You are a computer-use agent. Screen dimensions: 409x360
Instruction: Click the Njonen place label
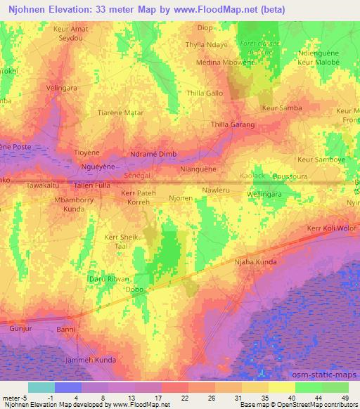pyautogui.click(x=180, y=198)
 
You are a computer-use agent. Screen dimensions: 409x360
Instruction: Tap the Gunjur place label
pyautogui.click(x=21, y=328)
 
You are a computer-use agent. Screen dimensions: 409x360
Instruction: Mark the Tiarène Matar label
pyautogui.click(x=120, y=113)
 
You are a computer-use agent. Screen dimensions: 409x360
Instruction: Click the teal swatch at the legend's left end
pyautogui.click(x=41, y=387)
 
